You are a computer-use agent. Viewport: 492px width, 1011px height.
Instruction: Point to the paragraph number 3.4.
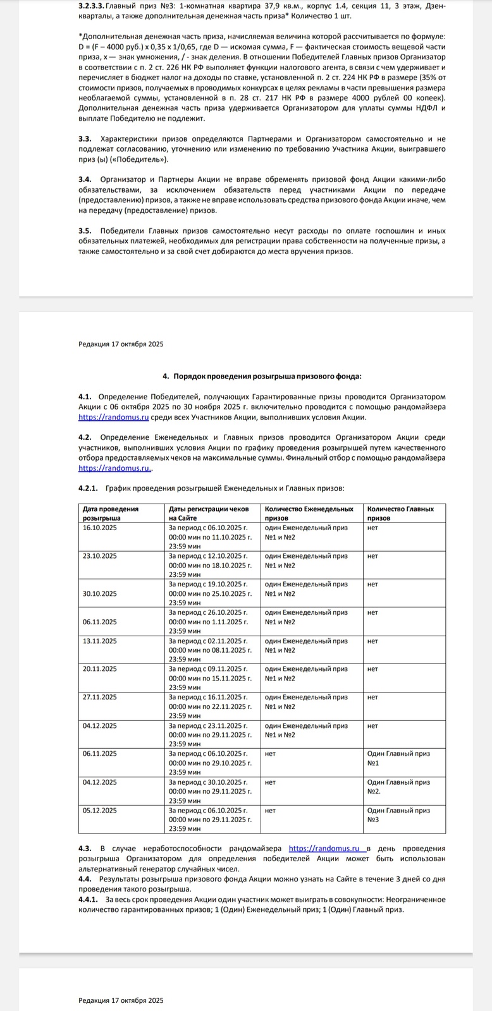(x=85, y=180)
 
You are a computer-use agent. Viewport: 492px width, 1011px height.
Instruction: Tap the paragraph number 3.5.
(x=85, y=231)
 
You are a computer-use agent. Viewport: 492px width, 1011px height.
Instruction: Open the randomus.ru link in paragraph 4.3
(x=325, y=849)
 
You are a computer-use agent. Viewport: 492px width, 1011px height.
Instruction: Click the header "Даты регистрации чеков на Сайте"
(x=209, y=513)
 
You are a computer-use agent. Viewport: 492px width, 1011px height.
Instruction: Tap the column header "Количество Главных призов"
(x=400, y=513)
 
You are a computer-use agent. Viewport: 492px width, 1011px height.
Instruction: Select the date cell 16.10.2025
(x=100, y=528)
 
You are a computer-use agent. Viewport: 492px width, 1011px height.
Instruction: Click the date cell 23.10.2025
(x=100, y=556)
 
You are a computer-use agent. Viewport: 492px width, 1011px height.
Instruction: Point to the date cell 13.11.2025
(x=100, y=641)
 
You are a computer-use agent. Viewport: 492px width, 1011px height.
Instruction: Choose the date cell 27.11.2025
(x=100, y=697)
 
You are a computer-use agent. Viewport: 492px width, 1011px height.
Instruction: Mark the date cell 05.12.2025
(x=100, y=810)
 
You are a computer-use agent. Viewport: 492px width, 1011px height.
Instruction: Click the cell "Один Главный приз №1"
(x=398, y=758)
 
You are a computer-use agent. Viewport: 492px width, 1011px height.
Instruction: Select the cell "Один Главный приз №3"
(x=398, y=814)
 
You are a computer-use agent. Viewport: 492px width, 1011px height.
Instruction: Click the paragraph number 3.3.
(x=85, y=138)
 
